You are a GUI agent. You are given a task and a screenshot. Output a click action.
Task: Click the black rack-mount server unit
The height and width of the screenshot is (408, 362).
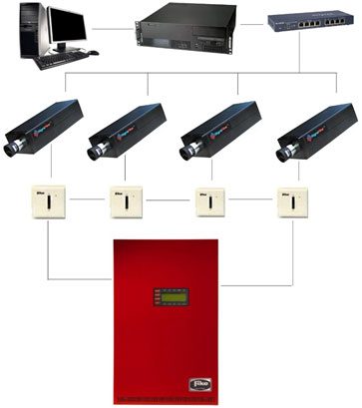188,31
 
